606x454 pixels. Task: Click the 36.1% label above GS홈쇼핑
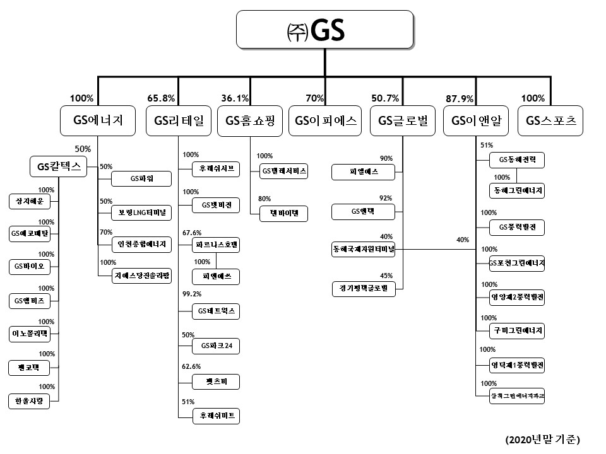pyautogui.click(x=235, y=98)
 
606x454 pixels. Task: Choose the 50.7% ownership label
pyautogui.click(x=386, y=98)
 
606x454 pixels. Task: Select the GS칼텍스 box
pyautogui.click(x=59, y=167)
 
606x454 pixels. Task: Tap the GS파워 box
pyautogui.click(x=142, y=179)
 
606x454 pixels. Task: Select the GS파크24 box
pyautogui.click(x=217, y=346)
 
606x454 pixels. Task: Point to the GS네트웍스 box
pyautogui.click(x=217, y=311)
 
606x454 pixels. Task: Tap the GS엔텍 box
pyautogui.click(x=364, y=211)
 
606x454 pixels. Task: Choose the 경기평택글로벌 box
pyautogui.click(x=364, y=289)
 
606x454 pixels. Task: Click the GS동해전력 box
pyautogui.click(x=517, y=160)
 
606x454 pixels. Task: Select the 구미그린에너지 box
pyautogui.click(x=517, y=330)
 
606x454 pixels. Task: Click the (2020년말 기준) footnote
pyautogui.click(x=542, y=439)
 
